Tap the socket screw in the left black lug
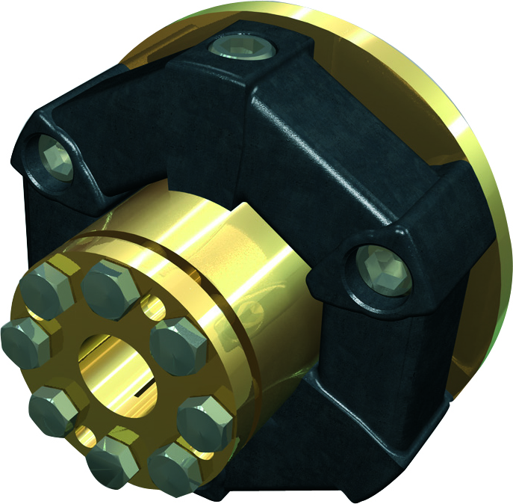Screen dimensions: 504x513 (x=56, y=159)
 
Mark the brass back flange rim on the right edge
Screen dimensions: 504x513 (x=489, y=224)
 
